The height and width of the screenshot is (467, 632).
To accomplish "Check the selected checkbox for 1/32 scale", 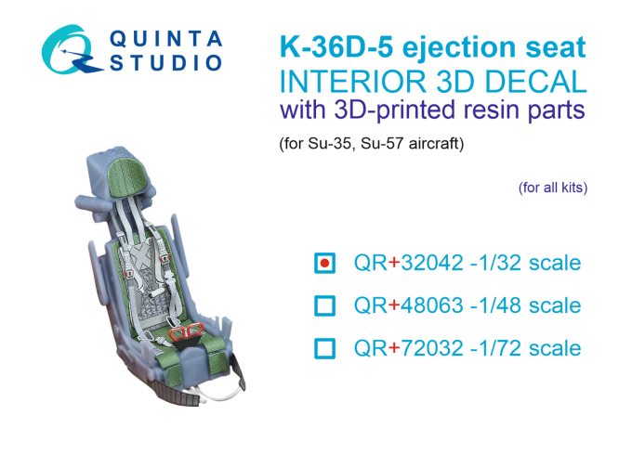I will (x=324, y=263).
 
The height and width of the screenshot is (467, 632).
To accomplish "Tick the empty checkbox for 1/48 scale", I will (x=324, y=305).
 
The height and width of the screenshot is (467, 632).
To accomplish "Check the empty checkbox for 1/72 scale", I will (x=324, y=348).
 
